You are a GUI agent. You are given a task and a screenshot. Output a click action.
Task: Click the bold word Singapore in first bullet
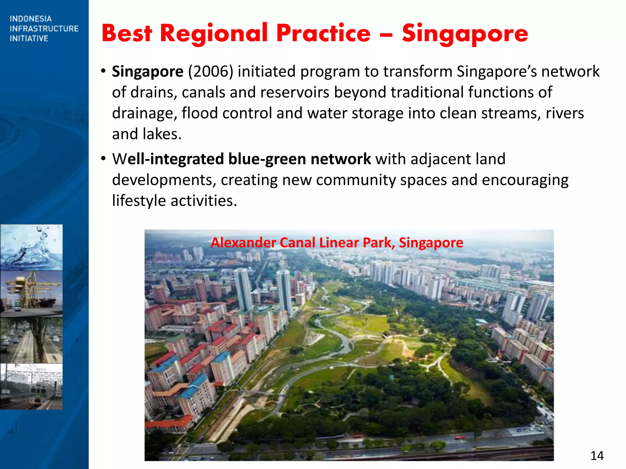147,71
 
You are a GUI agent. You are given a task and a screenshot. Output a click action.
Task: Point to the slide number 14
597,456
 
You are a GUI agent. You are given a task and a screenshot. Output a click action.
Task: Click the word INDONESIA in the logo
31,19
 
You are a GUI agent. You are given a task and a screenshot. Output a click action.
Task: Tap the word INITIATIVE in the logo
29,38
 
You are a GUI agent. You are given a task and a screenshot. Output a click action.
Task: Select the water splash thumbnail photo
31,247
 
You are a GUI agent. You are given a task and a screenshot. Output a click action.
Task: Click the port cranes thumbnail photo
31,293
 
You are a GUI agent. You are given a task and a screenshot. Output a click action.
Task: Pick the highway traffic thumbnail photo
31,340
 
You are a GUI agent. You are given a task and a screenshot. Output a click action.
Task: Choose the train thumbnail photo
31,386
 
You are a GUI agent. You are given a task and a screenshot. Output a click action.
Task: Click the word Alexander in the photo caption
243,243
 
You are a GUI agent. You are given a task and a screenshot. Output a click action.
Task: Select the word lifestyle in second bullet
139,201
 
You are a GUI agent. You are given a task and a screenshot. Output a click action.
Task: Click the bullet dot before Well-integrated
103,159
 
